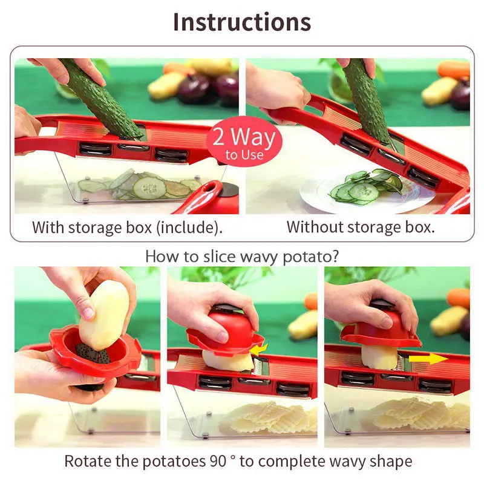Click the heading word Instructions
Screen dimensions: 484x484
click(x=242, y=22)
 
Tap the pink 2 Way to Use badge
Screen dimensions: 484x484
click(x=244, y=142)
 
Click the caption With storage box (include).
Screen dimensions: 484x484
click(x=127, y=227)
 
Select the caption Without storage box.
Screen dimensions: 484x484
click(x=361, y=227)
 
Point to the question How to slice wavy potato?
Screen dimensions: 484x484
click(x=242, y=256)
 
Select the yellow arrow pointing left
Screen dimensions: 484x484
click(x=260, y=349)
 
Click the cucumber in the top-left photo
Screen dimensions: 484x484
click(x=100, y=97)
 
